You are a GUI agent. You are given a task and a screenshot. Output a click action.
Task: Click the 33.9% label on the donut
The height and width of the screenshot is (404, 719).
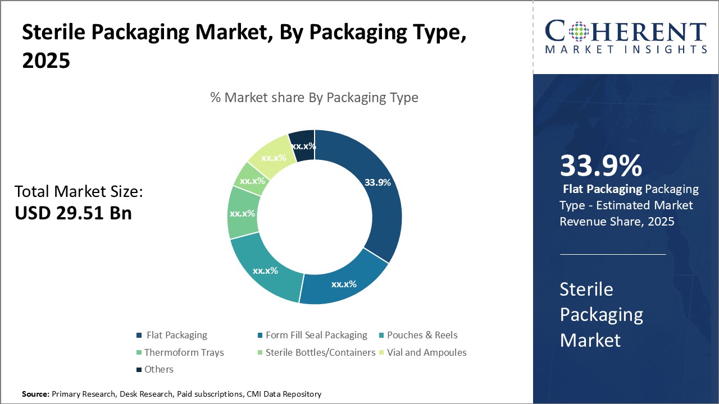click(377, 182)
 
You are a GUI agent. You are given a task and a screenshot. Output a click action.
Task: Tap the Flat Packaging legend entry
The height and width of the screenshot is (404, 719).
click(176, 335)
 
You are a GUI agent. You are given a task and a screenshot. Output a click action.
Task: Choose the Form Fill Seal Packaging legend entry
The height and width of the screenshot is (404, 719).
click(316, 335)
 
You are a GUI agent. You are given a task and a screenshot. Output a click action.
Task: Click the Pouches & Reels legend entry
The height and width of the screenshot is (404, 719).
click(422, 335)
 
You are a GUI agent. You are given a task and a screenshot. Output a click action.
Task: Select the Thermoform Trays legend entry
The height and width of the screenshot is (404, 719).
click(184, 352)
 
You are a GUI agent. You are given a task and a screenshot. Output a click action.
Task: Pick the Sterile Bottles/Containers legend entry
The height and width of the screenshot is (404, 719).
click(320, 352)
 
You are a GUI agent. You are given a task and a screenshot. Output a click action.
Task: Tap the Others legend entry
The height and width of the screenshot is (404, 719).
click(158, 369)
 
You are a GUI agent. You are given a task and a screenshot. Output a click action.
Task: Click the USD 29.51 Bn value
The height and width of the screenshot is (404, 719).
click(73, 213)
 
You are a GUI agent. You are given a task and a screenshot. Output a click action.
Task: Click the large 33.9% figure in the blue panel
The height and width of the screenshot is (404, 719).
click(600, 166)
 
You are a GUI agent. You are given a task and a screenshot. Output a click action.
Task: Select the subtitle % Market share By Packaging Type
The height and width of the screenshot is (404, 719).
click(314, 98)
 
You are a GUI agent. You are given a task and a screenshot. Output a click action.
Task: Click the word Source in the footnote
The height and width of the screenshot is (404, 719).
click(35, 394)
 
